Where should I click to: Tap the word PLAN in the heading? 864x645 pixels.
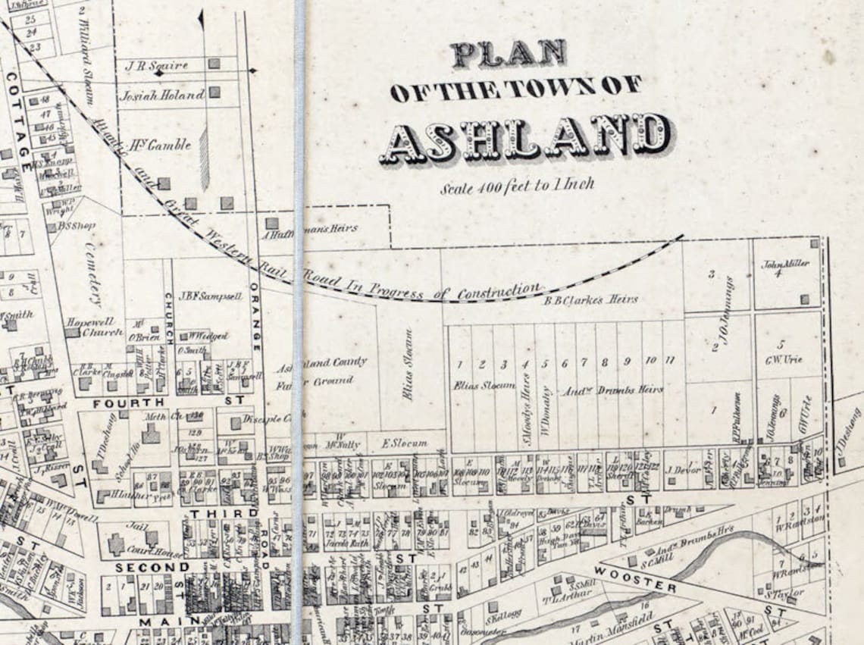509,54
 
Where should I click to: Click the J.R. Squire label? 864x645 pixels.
156,66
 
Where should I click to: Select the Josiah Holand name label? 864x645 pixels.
161,95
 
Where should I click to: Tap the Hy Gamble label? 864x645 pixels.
161,144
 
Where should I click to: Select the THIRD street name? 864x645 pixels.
214,513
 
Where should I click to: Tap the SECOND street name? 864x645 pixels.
152,567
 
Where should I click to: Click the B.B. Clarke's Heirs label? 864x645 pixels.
590,299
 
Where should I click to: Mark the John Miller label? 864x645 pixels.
785,264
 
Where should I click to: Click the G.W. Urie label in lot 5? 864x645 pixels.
788,359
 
